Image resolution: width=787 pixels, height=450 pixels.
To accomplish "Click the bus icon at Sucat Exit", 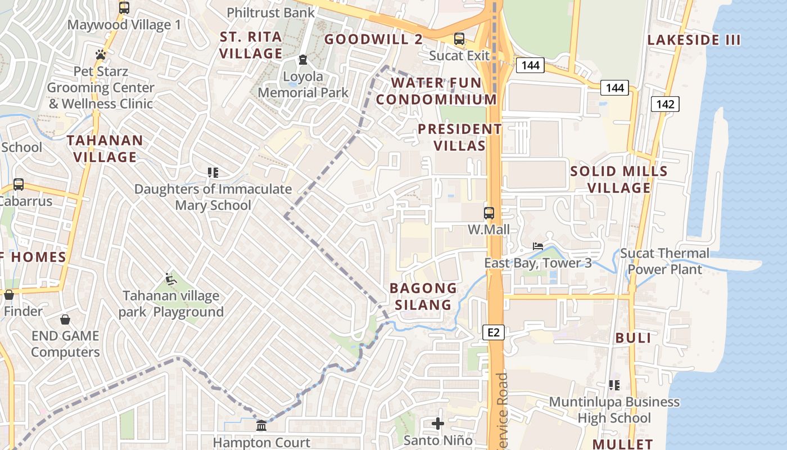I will click(x=459, y=39).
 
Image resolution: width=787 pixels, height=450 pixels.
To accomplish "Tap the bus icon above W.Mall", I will click(x=489, y=213).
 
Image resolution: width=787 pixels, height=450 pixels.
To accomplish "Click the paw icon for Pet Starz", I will click(x=101, y=55).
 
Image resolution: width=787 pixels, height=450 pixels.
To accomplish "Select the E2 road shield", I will click(x=494, y=332).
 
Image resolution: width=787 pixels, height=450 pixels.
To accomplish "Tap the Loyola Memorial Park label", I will click(x=303, y=84).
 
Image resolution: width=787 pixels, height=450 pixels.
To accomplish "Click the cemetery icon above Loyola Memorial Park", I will click(x=303, y=60).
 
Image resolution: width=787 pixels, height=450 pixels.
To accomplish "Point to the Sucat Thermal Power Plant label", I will click(x=665, y=261).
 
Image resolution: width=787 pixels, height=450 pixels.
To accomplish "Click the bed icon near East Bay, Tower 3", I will click(x=538, y=246).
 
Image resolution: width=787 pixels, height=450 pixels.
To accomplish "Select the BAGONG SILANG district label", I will click(x=423, y=296).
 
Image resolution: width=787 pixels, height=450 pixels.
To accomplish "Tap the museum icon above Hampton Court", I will click(x=261, y=426).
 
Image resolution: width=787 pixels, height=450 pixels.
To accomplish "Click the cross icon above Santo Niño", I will click(x=438, y=423).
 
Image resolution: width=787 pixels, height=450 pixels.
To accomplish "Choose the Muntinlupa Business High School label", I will click(x=614, y=409).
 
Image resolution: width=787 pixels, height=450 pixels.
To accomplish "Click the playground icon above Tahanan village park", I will click(x=171, y=278).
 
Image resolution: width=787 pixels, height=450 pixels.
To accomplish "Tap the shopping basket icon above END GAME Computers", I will click(x=65, y=319).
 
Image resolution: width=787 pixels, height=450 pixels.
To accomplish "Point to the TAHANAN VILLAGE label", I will click(x=105, y=148).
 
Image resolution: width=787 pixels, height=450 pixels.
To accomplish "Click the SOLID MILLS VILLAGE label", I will click(x=618, y=179).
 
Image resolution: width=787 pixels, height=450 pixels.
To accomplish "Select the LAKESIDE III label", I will click(x=694, y=40).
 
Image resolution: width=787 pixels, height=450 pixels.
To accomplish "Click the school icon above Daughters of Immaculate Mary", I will click(x=212, y=172).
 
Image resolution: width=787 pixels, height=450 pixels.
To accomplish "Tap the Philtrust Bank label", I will click(x=270, y=12).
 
